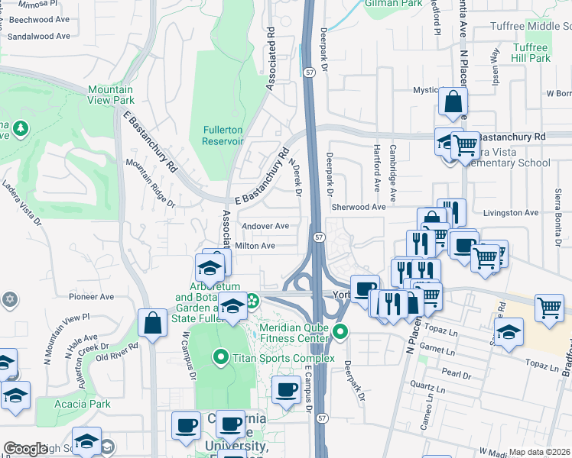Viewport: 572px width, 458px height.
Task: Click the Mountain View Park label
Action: (x=112, y=95)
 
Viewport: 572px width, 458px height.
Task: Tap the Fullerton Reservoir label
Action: (x=223, y=135)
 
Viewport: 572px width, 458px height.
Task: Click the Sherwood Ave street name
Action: (x=358, y=207)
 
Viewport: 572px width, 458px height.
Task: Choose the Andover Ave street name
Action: (x=265, y=226)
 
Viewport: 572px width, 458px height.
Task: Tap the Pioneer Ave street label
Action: (x=91, y=297)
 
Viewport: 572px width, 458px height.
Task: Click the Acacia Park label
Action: (x=83, y=404)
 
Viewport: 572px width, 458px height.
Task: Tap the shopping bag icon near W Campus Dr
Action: (x=153, y=322)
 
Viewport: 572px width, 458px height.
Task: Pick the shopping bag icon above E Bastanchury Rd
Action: (x=453, y=102)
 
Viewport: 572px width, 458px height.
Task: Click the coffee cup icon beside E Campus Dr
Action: (x=287, y=389)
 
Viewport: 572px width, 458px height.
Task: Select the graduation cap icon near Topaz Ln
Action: (x=509, y=331)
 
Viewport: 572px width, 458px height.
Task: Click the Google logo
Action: (x=26, y=449)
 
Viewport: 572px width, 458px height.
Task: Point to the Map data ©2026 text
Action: (x=540, y=452)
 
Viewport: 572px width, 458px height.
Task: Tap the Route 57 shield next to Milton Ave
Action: (x=320, y=239)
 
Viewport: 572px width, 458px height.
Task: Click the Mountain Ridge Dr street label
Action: (x=151, y=183)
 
